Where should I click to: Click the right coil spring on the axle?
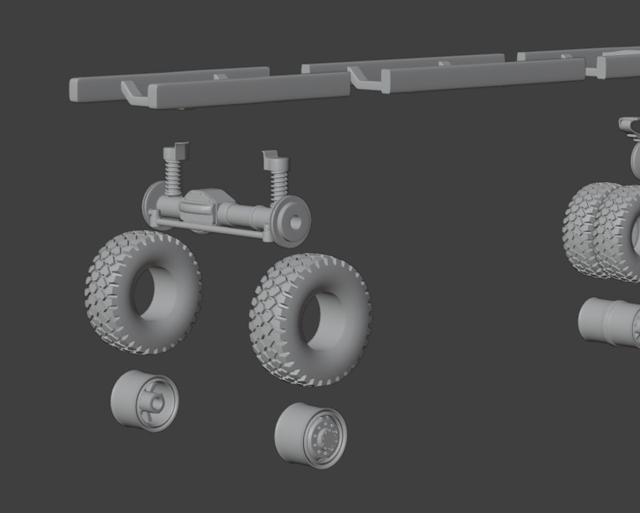point(278,184)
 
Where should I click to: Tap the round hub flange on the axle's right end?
point(293,223)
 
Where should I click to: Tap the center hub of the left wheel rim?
point(157,403)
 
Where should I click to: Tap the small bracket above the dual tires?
point(629,125)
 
